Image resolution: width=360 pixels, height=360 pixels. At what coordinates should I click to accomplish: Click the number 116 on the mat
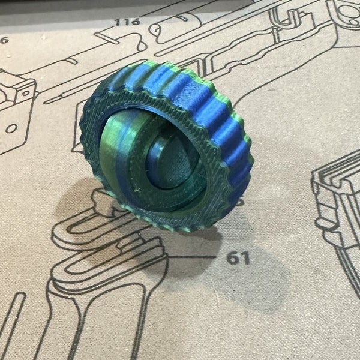pyautogui.click(x=127, y=22)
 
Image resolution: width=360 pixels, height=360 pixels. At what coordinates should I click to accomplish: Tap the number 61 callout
pyautogui.click(x=238, y=259)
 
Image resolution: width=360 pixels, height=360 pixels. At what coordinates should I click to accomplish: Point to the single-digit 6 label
pyautogui.click(x=4, y=40)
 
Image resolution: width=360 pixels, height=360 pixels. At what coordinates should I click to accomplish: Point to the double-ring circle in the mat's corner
pyautogui.click(x=347, y=12)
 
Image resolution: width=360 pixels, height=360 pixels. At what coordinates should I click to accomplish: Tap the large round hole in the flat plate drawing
pyautogui.click(x=10, y=128)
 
